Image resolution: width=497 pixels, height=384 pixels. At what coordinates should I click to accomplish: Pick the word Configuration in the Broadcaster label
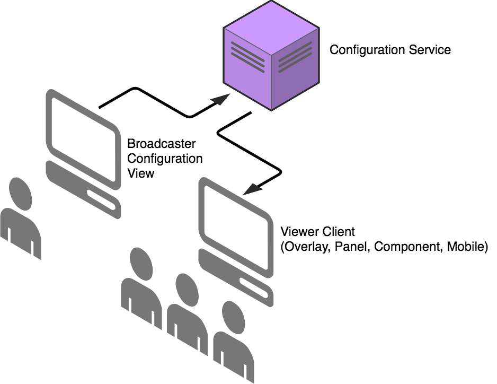(x=165, y=158)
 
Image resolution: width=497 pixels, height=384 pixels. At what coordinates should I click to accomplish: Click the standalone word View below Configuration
(x=140, y=172)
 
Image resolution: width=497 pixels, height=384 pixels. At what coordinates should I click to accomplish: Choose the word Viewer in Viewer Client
(x=298, y=232)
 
